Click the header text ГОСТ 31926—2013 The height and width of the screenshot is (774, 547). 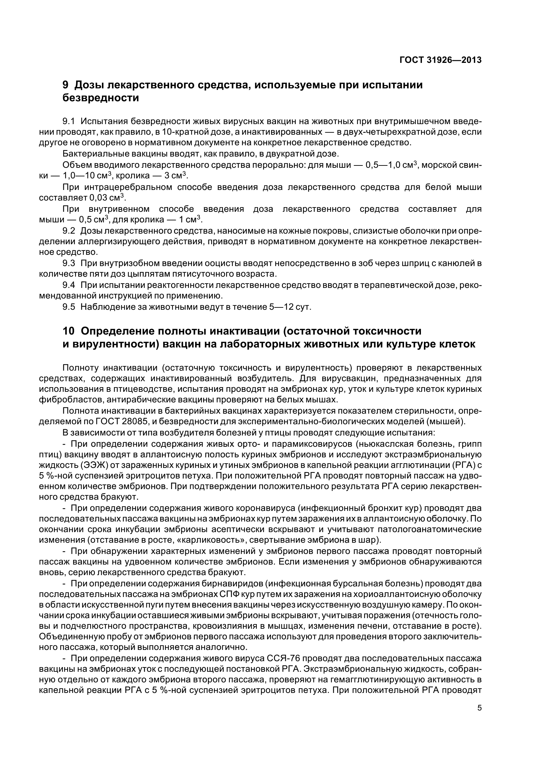[x=440, y=60]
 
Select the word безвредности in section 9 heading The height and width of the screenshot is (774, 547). [x=101, y=98]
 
